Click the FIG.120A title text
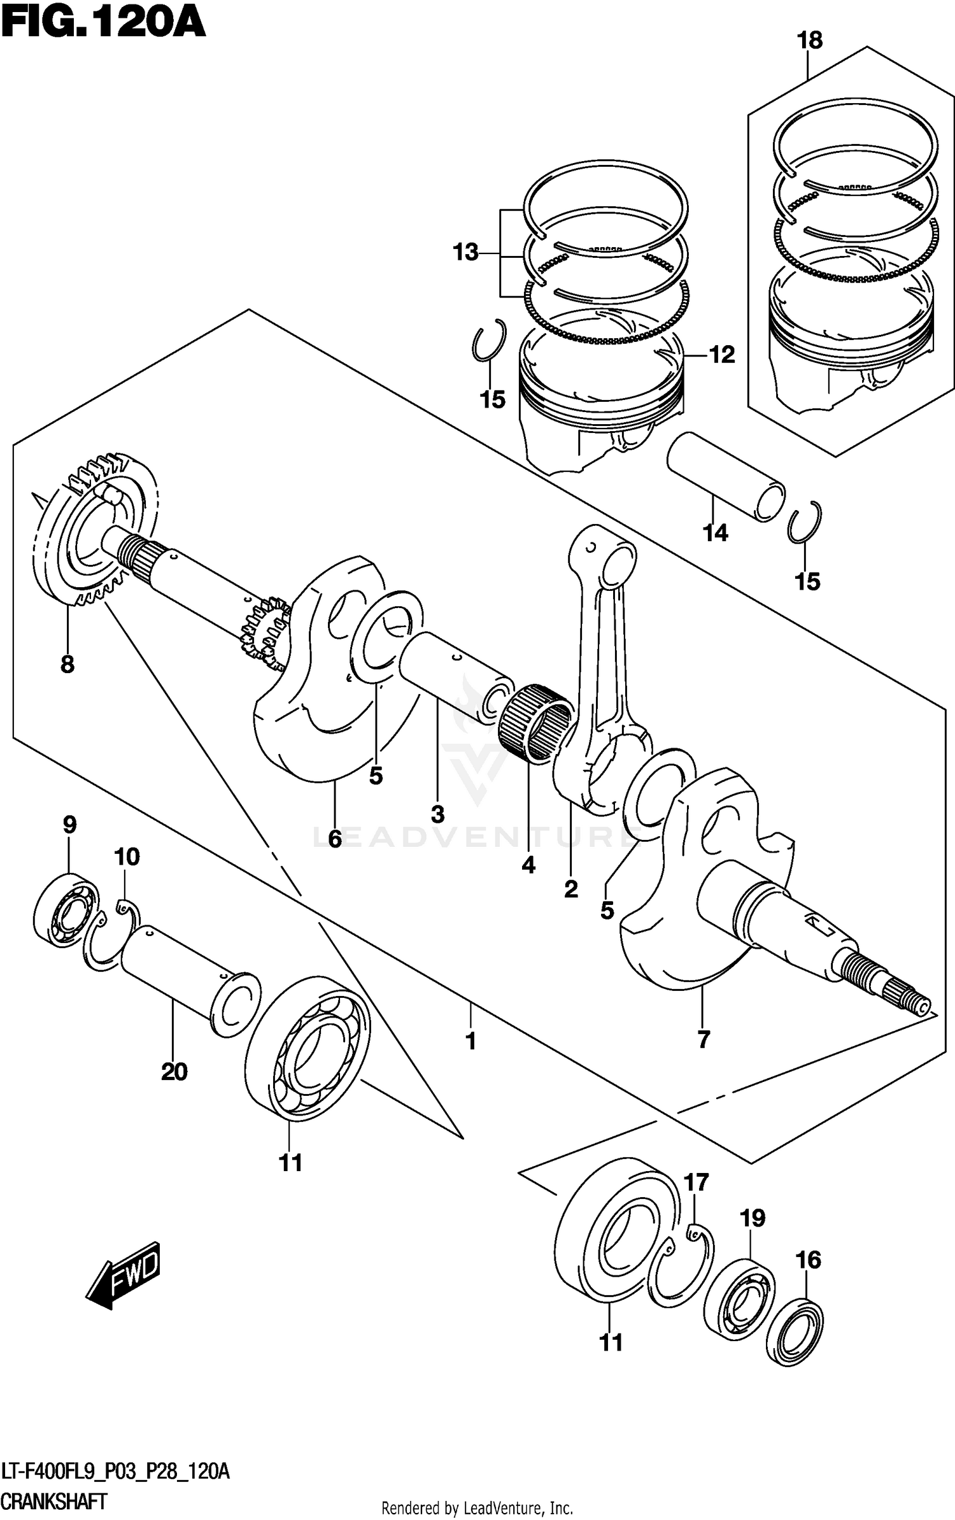(103, 24)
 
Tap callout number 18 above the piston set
(809, 41)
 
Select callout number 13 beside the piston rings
(465, 253)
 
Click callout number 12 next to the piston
(722, 355)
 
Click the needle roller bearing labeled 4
(536, 723)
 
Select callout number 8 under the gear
(67, 665)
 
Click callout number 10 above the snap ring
(127, 857)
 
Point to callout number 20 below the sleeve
(174, 1072)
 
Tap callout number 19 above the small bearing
(752, 1219)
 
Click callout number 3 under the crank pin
(437, 814)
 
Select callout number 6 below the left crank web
(335, 839)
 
